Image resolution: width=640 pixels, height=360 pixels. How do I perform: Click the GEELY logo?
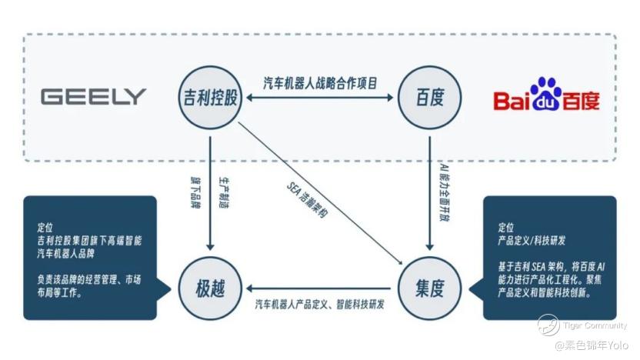point(93,97)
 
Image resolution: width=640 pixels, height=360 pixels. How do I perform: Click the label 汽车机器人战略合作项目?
point(320,83)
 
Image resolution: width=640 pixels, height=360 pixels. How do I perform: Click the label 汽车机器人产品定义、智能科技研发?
point(320,304)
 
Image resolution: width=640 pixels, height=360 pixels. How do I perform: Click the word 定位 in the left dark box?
point(45,228)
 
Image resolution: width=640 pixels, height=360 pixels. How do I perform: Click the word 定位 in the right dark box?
point(505,228)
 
